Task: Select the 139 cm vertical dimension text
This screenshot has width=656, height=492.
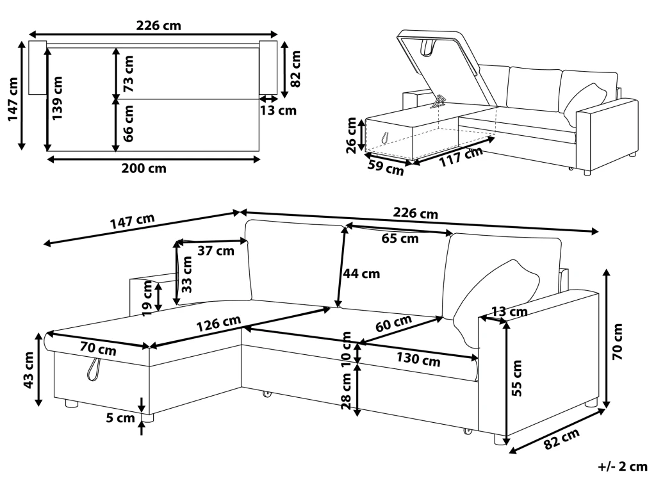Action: click(58, 99)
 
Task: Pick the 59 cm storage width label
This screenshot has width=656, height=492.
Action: click(384, 169)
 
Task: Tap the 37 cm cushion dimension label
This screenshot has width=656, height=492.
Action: click(215, 251)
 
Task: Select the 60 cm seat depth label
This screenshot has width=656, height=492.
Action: click(393, 324)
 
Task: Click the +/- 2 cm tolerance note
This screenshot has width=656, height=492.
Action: click(623, 466)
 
